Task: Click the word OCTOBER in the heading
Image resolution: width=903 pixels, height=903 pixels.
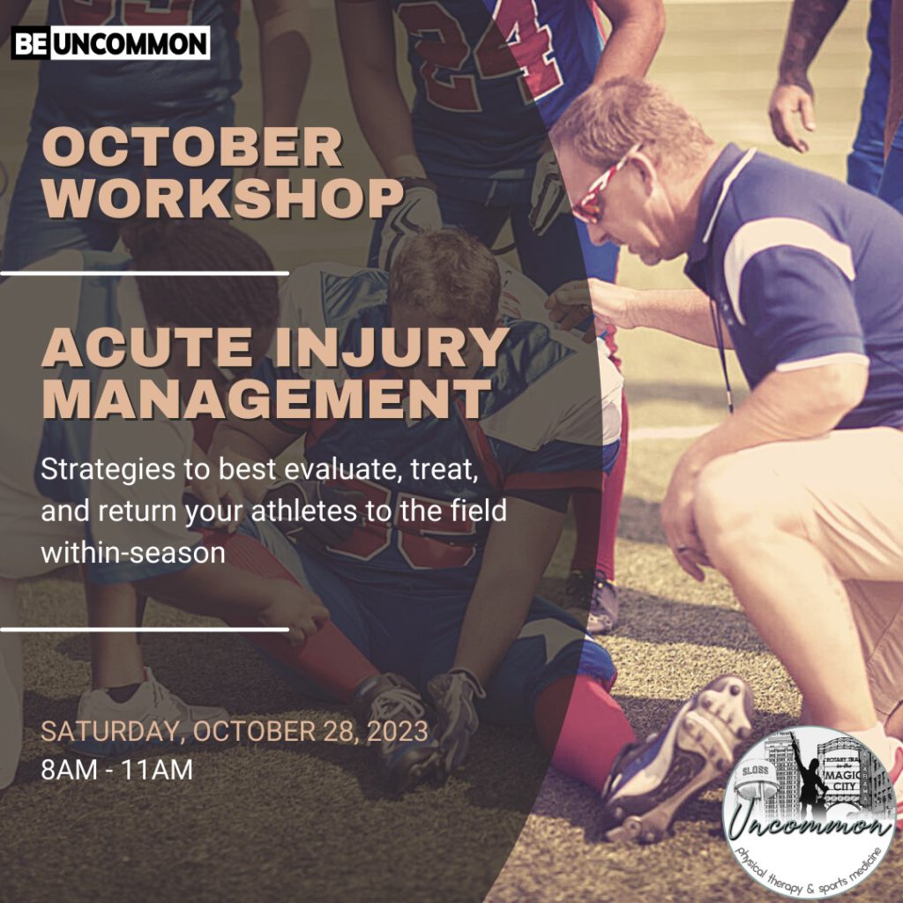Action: pos(191,147)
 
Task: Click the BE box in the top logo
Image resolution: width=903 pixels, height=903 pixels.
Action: pos(30,43)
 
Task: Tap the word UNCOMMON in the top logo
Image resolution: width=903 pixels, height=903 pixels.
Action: pos(129,43)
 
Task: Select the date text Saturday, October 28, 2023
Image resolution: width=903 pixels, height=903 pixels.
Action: pos(235,731)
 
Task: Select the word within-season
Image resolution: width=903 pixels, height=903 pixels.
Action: pos(132,552)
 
